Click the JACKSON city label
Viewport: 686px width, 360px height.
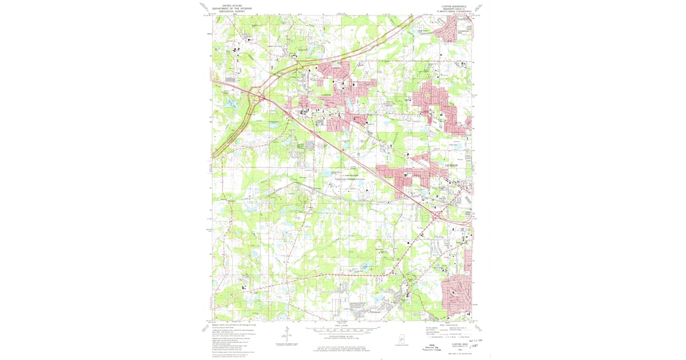click(456, 165)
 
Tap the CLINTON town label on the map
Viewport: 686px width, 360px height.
click(326, 95)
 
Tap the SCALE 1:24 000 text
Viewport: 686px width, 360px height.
click(342, 325)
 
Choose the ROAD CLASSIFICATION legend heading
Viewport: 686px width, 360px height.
click(457, 325)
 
